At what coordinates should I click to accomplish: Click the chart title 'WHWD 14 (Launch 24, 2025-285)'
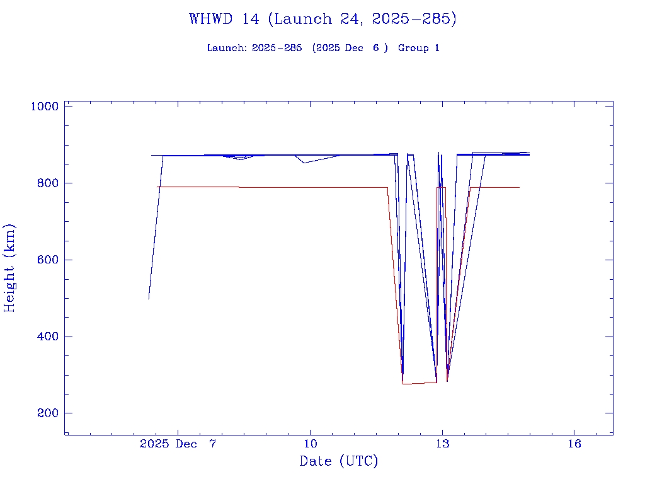tap(322, 20)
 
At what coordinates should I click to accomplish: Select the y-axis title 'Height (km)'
tap(10, 267)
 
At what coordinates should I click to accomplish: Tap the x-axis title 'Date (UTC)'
tap(339, 462)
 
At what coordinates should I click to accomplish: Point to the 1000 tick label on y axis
tap(44, 107)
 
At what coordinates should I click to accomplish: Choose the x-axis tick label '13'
tap(442, 444)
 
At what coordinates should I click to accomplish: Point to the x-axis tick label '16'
tap(574, 444)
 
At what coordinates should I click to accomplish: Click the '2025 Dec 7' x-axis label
tap(178, 444)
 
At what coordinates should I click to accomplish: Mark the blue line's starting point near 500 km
tap(149, 299)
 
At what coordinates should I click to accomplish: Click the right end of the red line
tap(519, 187)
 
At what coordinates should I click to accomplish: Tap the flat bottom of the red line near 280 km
tap(419, 383)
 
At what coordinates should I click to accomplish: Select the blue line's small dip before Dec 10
tap(304, 163)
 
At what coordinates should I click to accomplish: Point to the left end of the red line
tap(157, 187)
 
